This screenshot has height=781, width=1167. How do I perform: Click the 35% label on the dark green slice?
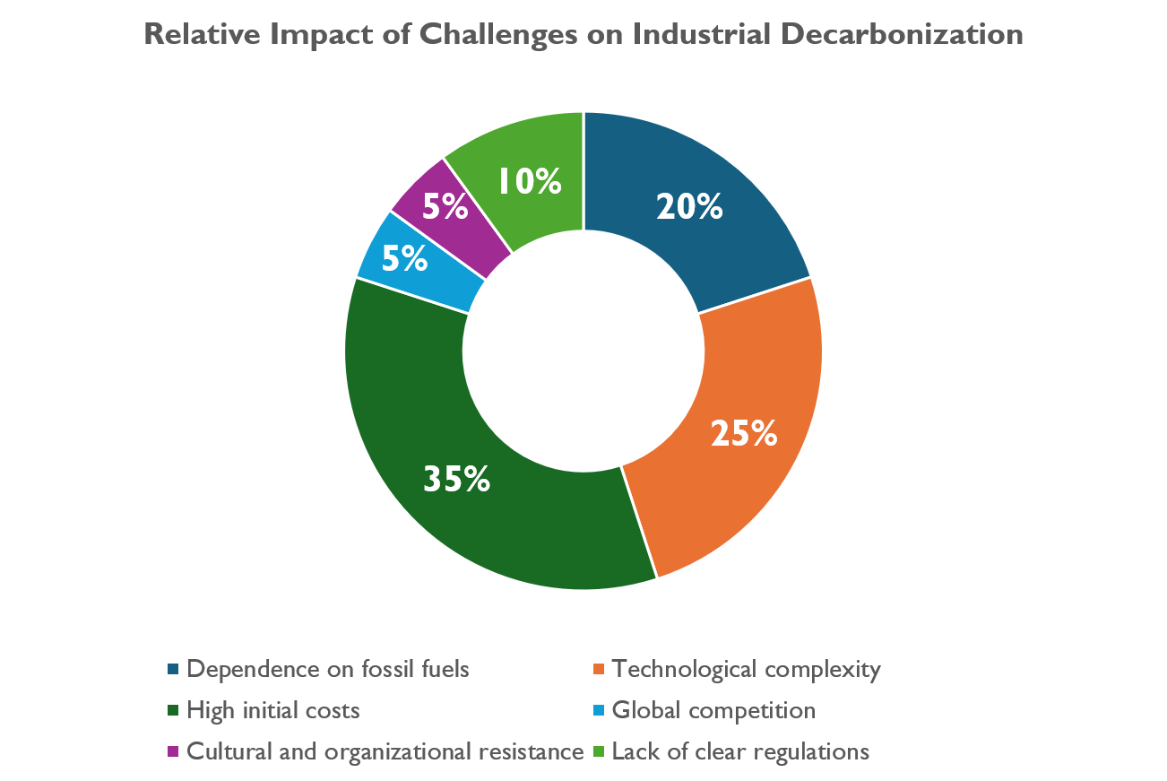click(456, 479)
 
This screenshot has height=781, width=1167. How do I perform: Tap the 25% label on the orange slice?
click(744, 433)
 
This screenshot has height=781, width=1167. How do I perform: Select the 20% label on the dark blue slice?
click(689, 206)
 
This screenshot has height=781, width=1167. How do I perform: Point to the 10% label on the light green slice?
click(530, 181)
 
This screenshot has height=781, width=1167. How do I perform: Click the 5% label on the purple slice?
click(445, 206)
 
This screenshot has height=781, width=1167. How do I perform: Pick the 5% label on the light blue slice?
click(405, 258)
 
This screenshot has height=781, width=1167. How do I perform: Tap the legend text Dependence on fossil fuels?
click(328, 669)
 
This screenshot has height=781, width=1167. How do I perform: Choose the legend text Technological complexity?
click(746, 670)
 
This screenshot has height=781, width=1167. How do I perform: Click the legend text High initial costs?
click(273, 711)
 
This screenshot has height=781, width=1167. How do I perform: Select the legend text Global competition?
click(713, 711)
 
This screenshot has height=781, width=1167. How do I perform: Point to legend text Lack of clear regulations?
click(740, 752)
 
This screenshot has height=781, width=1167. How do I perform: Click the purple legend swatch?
click(173, 751)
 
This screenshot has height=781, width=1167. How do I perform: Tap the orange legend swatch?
click(599, 669)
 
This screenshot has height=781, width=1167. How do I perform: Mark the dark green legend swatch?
click(173, 710)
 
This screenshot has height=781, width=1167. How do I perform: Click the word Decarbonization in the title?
click(902, 34)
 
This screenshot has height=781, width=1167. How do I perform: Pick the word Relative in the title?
click(203, 34)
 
